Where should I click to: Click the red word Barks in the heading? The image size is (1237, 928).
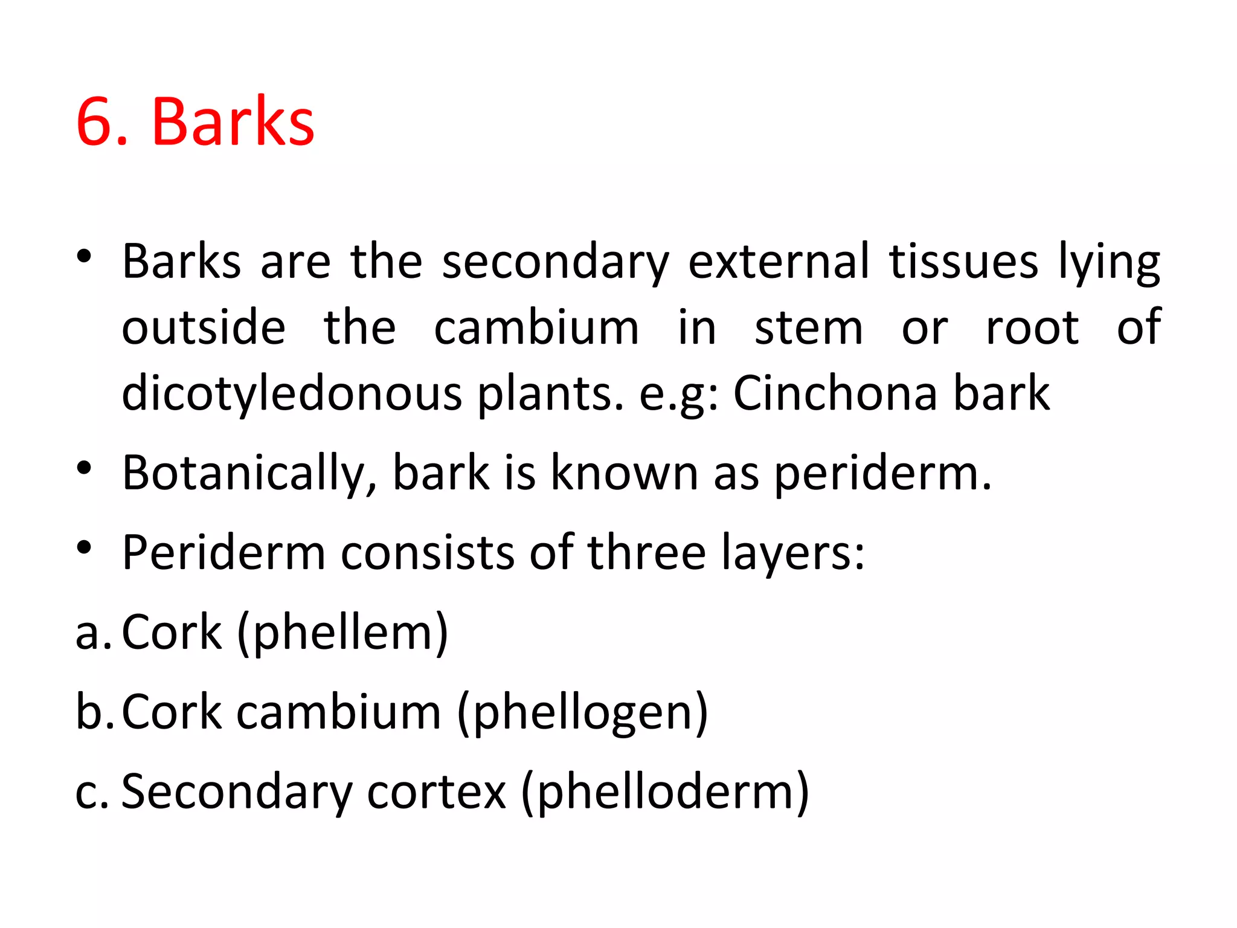tap(233, 123)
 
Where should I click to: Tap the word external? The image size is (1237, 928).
tap(779, 262)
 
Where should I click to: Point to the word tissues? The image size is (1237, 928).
tap(963, 262)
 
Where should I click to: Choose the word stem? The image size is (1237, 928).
tap(809, 328)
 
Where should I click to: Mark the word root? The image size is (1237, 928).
tap(1032, 328)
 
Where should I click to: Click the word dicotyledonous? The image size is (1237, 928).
tap(292, 393)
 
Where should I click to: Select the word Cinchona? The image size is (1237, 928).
tap(834, 392)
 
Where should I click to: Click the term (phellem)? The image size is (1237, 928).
tap(343, 633)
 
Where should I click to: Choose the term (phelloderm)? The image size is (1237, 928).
tap(664, 792)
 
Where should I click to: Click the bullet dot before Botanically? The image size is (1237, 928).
tap(84, 468)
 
